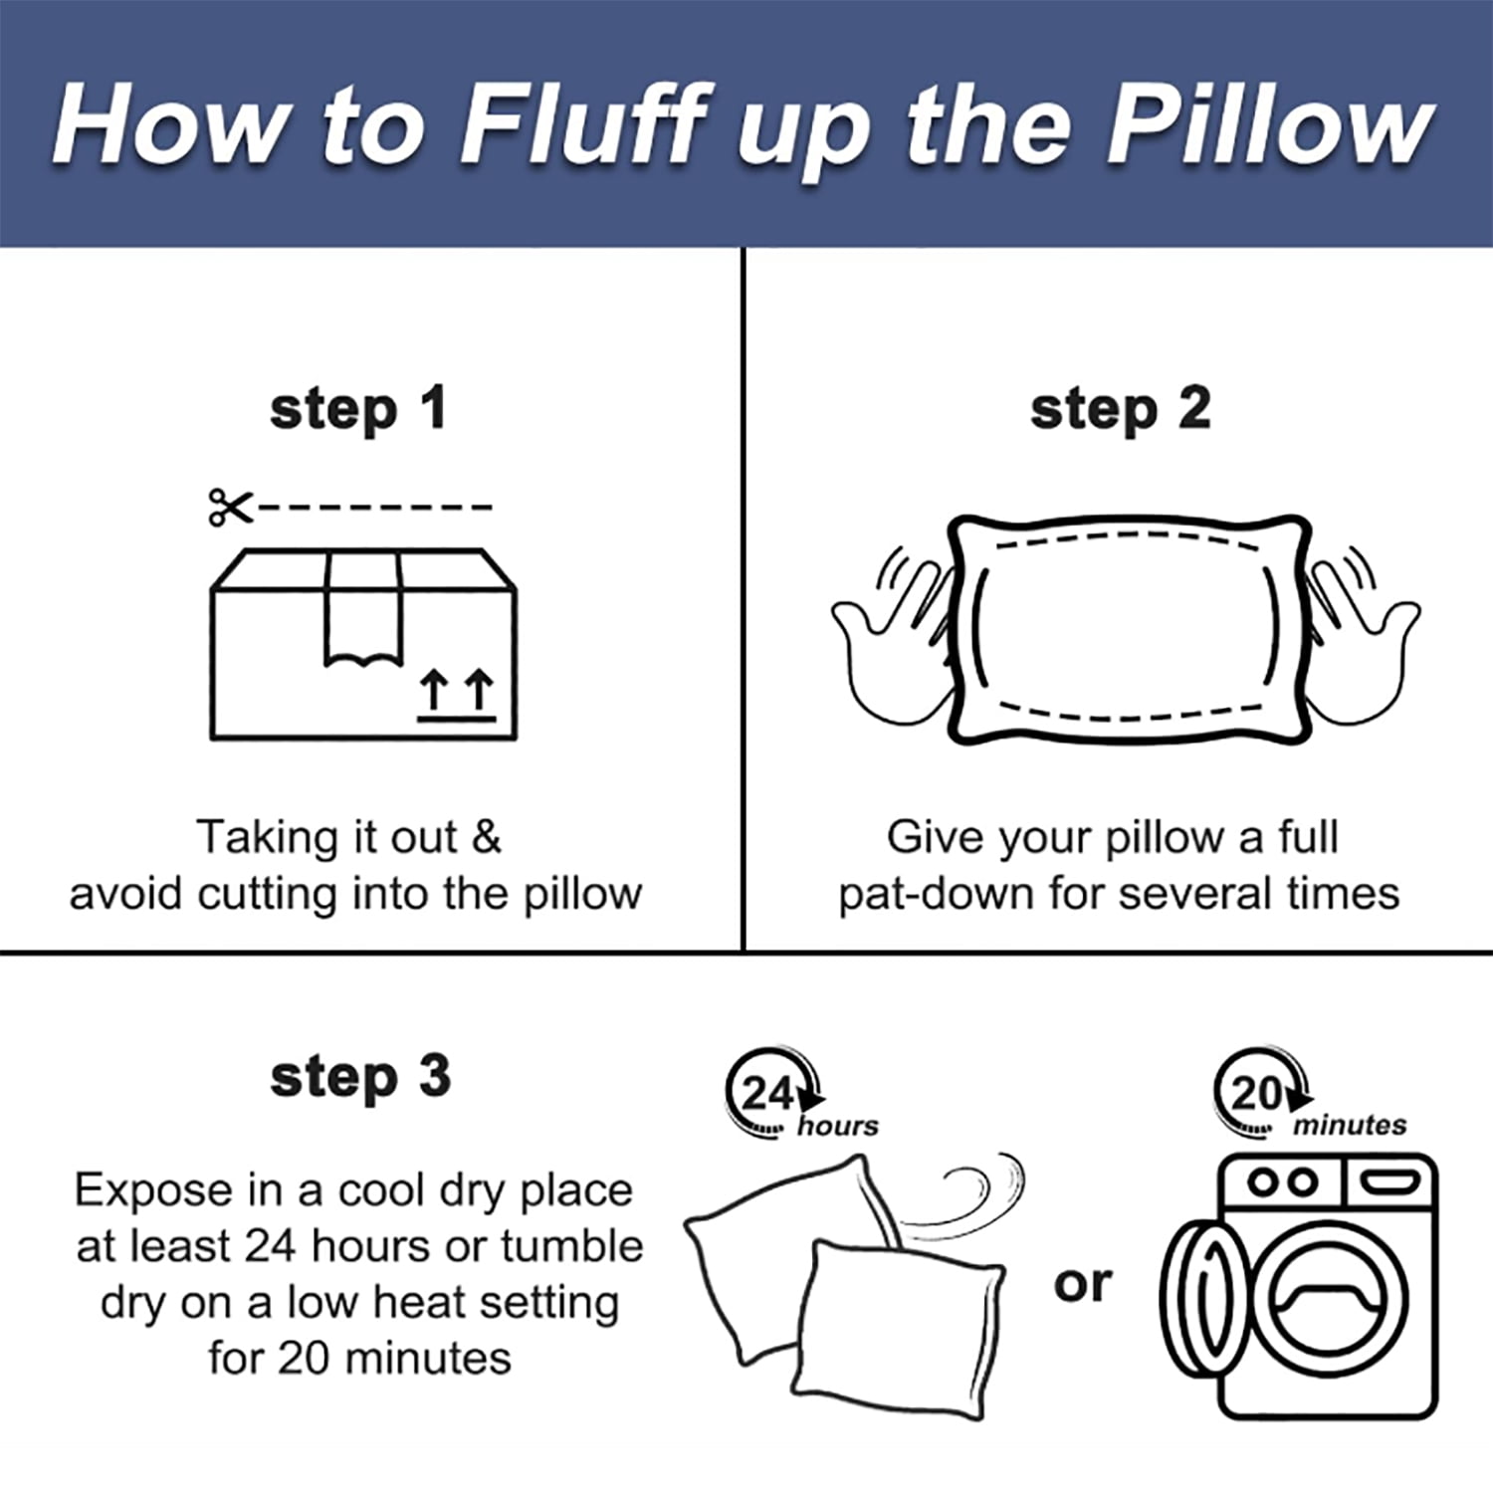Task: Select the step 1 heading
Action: click(358, 410)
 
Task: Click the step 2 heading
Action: click(1120, 410)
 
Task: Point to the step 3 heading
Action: click(360, 1078)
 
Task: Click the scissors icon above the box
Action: click(231, 508)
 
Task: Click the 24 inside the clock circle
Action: click(767, 1094)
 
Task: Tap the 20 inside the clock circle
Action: click(1257, 1094)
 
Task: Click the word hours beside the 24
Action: click(838, 1126)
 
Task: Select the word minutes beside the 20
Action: click(1350, 1126)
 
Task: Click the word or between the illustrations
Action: click(1082, 1284)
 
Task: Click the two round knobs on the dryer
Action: click(1283, 1182)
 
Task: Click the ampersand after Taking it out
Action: click(487, 837)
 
